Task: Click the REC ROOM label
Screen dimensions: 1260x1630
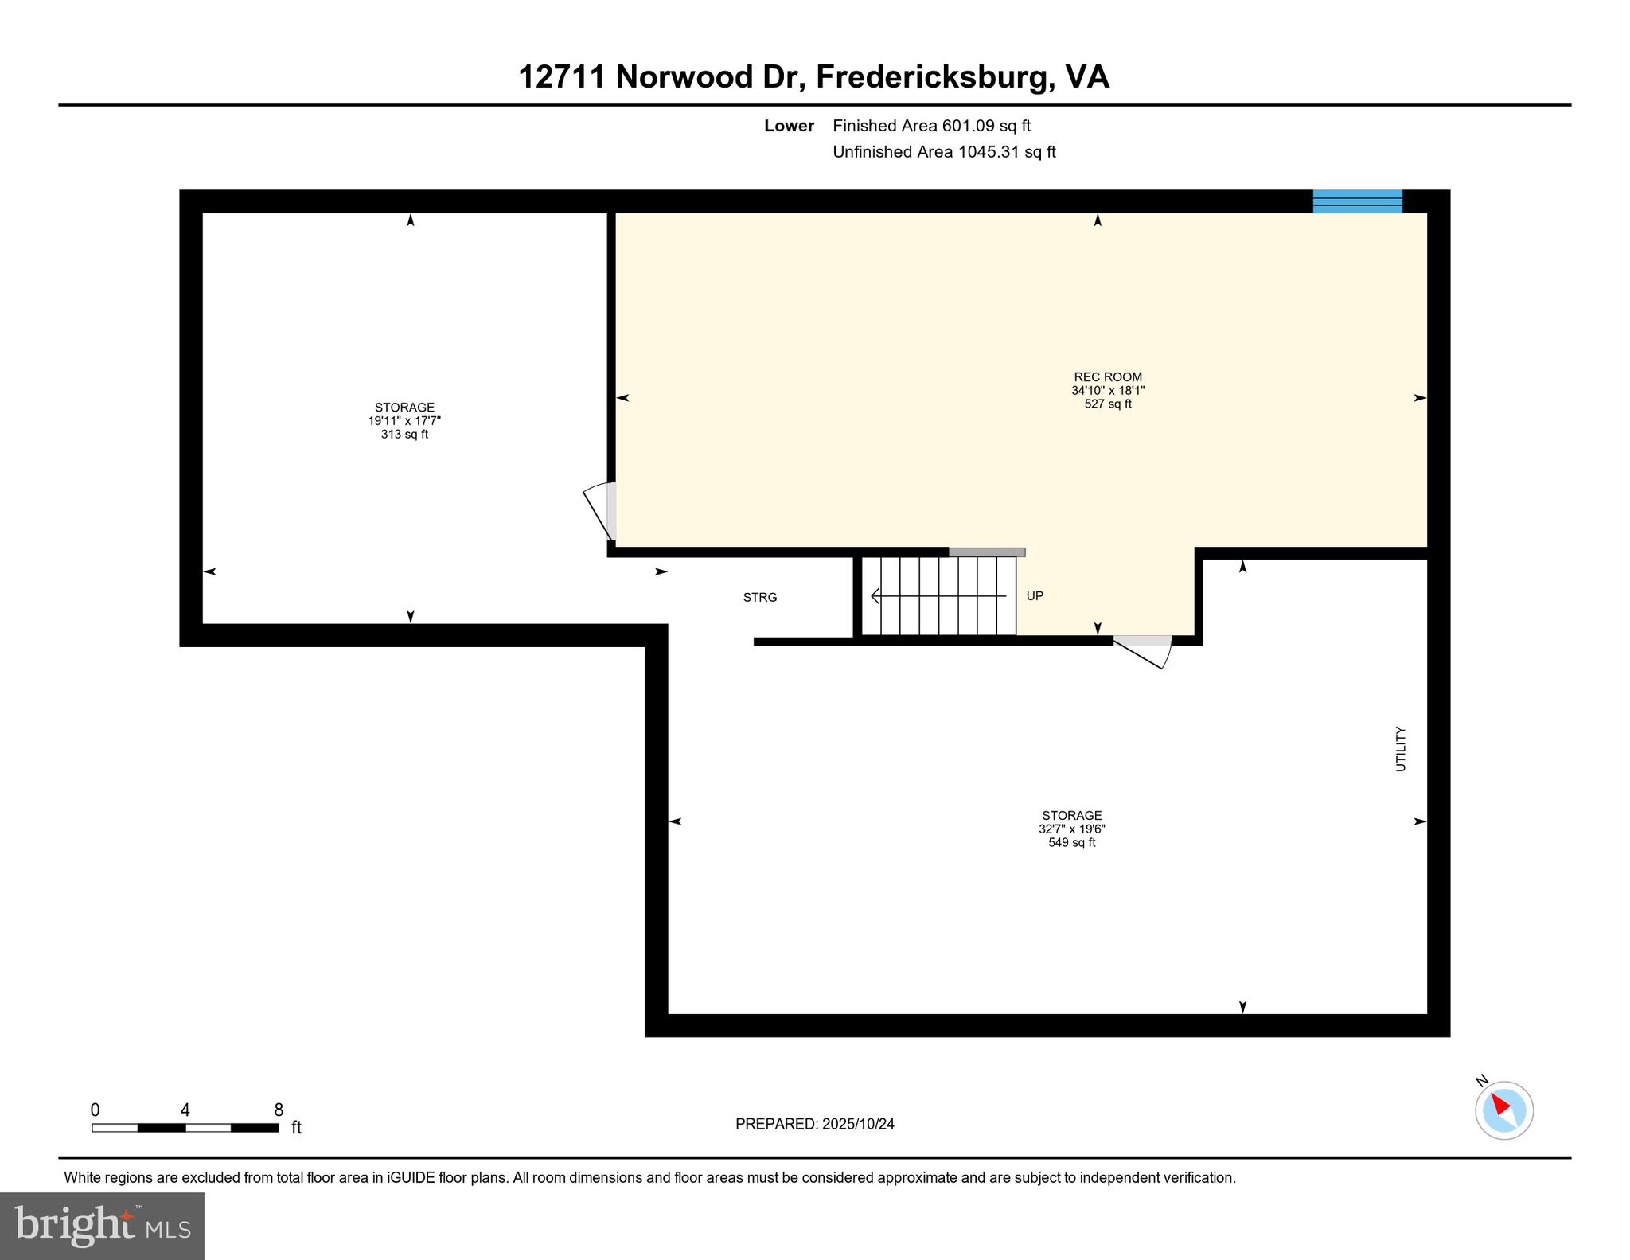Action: click(x=1107, y=377)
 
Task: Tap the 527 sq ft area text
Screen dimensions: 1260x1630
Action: click(x=1107, y=404)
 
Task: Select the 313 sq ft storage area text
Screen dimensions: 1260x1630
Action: click(x=404, y=435)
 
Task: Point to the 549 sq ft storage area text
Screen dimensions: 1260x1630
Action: click(x=1071, y=842)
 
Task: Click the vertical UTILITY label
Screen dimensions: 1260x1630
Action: click(x=1401, y=749)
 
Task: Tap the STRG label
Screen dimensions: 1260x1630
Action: click(x=759, y=597)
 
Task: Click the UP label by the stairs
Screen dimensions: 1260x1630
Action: click(x=1034, y=595)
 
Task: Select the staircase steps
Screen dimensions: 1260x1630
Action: click(x=939, y=595)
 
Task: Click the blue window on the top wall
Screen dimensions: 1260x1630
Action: click(x=1357, y=201)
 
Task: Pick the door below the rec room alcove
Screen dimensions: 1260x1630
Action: click(x=1145, y=649)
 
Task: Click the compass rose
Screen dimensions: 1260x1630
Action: click(x=1503, y=1110)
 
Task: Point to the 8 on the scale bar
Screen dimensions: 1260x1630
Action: click(x=279, y=1110)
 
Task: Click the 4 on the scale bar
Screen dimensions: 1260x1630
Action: click(x=185, y=1110)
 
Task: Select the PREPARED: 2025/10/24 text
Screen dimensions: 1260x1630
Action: click(x=814, y=1124)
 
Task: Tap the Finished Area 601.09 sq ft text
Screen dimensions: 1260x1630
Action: click(x=931, y=126)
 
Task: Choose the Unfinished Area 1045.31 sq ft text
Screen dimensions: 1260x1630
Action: click(x=944, y=152)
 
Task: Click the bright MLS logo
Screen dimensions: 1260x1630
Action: click(x=102, y=1226)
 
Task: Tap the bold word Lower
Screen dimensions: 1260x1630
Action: click(x=789, y=126)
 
